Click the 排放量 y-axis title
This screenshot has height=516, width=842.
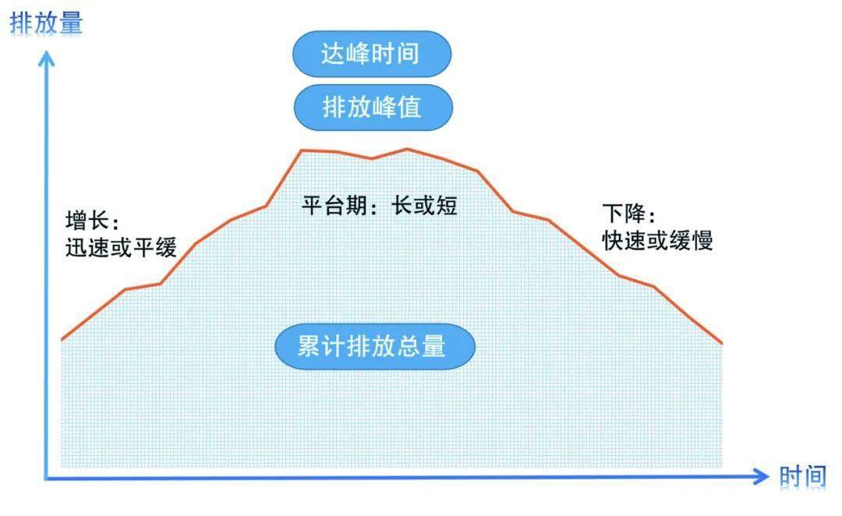(x=46, y=24)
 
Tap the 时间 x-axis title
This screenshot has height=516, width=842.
(x=803, y=476)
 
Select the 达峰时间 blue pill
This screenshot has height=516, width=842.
(x=372, y=54)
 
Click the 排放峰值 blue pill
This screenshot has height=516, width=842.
(x=373, y=107)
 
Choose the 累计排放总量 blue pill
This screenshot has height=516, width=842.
(x=375, y=346)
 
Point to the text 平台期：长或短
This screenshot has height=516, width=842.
(x=380, y=205)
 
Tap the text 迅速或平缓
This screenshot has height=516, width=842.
(x=121, y=248)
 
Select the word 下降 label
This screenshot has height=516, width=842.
(x=624, y=213)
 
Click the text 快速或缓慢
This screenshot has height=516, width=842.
(x=657, y=240)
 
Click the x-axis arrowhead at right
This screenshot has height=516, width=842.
(x=762, y=476)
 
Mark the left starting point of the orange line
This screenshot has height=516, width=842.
(x=62, y=340)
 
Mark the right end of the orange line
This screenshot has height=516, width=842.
(x=722, y=343)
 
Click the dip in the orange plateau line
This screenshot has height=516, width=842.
(x=372, y=158)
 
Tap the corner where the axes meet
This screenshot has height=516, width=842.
(x=47, y=477)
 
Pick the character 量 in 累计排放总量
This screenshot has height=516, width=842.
(x=433, y=346)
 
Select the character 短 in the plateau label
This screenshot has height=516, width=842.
(x=446, y=205)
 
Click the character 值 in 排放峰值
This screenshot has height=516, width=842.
(x=410, y=107)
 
